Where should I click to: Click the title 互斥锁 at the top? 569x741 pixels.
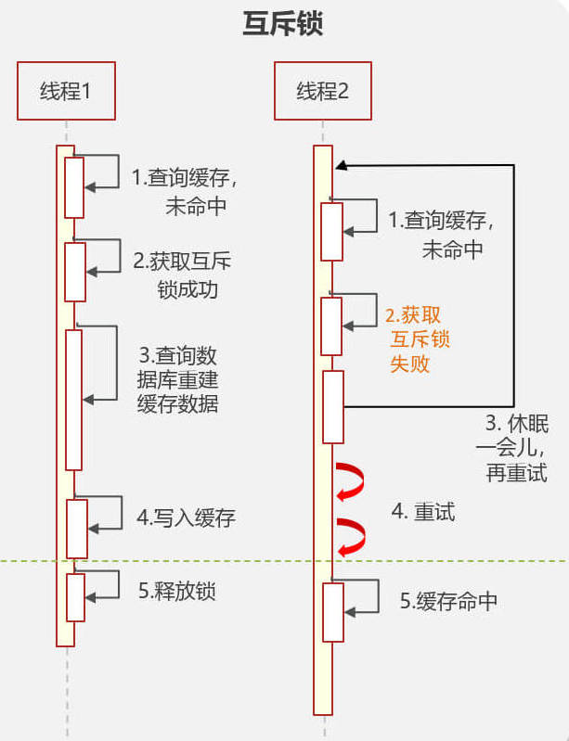283,24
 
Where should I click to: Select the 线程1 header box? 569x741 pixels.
66,90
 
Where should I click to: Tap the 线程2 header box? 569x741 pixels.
323,90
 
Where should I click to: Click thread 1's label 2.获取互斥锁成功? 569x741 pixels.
183,275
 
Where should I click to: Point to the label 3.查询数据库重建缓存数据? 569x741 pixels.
178,380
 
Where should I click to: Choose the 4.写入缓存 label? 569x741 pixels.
186,517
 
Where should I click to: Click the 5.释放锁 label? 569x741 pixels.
177,591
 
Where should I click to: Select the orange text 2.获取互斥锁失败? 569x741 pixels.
417,339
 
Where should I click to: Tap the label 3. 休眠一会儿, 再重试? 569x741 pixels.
512,448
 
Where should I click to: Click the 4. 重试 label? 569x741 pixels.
423,512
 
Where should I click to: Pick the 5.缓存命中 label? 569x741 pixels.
448,601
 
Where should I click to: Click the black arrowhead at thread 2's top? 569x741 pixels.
342,165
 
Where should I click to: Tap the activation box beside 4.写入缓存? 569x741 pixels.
77,529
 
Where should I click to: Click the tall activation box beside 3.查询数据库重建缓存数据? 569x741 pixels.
73,400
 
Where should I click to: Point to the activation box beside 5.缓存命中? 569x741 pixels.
333,612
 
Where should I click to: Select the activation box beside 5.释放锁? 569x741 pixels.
76,597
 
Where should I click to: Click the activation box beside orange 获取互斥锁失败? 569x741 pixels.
331,326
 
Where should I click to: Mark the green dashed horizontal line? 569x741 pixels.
284,561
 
